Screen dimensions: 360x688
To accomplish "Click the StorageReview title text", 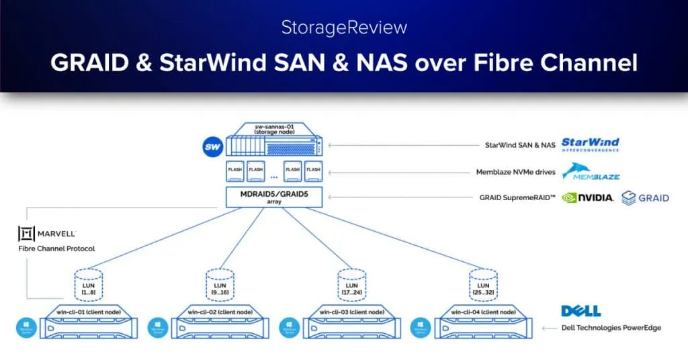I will [343, 29].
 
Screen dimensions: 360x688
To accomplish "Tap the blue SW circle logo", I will [212, 146].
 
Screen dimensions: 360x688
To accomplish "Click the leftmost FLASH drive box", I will [235, 171].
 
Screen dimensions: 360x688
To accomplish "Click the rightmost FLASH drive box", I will [312, 171].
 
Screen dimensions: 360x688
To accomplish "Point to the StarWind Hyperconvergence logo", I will [589, 144].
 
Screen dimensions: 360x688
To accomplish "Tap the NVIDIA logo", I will [587, 197].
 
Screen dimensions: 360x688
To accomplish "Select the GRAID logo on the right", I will [645, 197].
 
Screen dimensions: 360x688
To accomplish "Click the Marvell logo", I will [47, 234].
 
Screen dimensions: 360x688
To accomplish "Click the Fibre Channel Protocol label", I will [56, 249].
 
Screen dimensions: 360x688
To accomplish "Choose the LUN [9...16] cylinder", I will [216, 284].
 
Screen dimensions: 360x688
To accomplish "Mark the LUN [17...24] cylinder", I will [347, 284].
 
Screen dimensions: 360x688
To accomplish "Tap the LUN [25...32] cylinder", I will [478, 284].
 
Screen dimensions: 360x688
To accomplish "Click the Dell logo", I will [580, 311].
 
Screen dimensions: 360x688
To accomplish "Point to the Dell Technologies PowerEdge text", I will [611, 328].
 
